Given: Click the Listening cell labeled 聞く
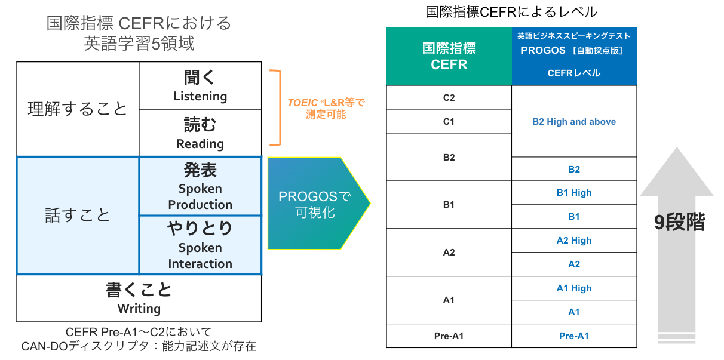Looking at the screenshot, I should [x=200, y=86].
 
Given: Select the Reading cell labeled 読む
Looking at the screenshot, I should [x=200, y=133].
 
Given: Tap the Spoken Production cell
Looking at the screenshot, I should [x=200, y=186].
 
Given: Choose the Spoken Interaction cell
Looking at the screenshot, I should [x=200, y=245].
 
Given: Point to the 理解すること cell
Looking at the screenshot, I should [x=78, y=109].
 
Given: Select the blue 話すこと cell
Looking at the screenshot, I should [x=78, y=215].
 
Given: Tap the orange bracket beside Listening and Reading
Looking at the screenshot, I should [x=275, y=108].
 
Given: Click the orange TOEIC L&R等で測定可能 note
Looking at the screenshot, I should [x=326, y=108].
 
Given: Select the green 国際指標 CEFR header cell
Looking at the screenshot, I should [x=449, y=56].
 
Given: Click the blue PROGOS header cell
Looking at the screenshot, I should [x=574, y=56].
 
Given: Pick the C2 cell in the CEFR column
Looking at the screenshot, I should [x=449, y=98].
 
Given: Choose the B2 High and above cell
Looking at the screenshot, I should [x=574, y=122].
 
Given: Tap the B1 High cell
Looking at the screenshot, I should [x=574, y=193].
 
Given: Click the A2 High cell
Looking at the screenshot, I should [x=574, y=241].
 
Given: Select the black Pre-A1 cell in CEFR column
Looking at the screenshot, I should [x=449, y=336].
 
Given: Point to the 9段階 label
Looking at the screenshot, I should [x=679, y=223].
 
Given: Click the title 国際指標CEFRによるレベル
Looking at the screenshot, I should [x=511, y=12].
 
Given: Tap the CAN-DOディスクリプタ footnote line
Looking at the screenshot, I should [x=139, y=346].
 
